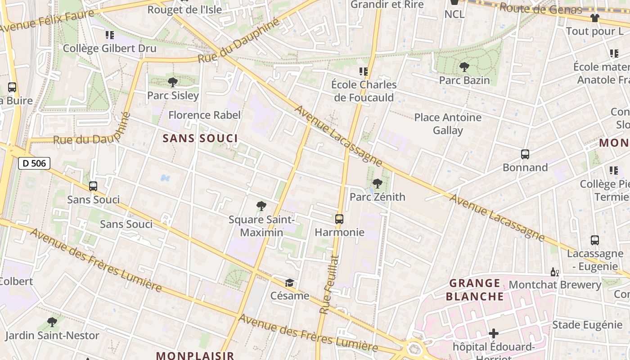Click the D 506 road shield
coord(34,163)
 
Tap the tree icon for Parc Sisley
coord(172,82)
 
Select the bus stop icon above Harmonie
coord(339,219)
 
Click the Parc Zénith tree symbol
coord(378,183)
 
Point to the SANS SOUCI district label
coord(200,138)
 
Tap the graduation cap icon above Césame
coord(289,283)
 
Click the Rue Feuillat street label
coord(328,284)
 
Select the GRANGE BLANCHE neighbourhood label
coord(475,290)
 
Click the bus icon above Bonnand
coord(525,154)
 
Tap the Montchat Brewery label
coord(555,285)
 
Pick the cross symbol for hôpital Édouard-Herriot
coord(494,333)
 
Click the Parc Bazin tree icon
coord(464,67)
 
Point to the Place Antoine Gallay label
coord(448,124)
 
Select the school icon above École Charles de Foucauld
coord(364,71)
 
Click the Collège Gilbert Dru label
coord(110,49)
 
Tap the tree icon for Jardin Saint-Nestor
coord(52,322)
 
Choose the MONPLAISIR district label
coord(195,355)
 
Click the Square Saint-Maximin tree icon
coord(261,206)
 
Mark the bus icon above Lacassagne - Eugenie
coord(595,240)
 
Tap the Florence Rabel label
coord(204,115)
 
